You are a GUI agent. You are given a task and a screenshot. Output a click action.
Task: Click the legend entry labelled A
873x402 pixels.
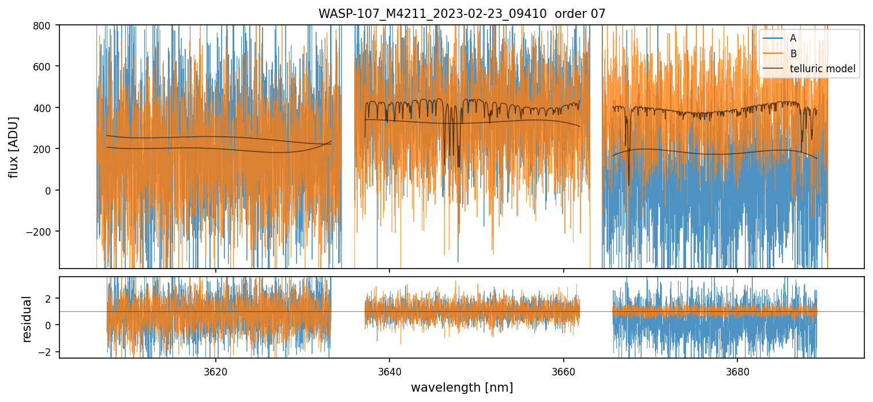click(793, 39)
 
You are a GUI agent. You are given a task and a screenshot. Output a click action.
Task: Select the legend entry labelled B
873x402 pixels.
click(793, 54)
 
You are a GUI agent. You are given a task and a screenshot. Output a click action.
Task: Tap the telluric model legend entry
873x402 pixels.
click(822, 70)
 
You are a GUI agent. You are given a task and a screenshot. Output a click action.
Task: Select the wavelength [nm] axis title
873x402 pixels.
click(462, 387)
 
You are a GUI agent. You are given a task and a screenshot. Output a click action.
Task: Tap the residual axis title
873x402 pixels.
click(27, 318)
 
